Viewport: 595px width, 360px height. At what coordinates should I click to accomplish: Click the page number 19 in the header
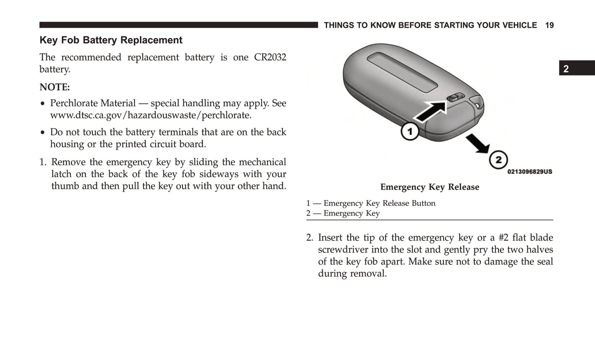click(549, 26)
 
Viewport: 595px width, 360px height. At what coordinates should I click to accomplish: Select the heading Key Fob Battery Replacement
click(111, 40)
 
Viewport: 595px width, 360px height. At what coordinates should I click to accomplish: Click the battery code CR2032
click(270, 57)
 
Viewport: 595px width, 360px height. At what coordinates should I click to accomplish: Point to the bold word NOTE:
click(55, 87)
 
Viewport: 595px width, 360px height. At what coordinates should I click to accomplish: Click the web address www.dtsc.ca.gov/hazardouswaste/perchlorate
click(151, 115)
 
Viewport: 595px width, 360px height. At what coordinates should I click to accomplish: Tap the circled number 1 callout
click(410, 132)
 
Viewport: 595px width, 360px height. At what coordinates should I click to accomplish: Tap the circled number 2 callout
click(498, 160)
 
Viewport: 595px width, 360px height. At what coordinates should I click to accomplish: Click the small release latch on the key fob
click(455, 98)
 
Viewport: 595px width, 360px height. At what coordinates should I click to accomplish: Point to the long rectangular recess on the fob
click(401, 72)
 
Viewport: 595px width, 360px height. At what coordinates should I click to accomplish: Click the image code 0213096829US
click(530, 172)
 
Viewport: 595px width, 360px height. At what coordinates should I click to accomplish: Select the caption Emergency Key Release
click(429, 187)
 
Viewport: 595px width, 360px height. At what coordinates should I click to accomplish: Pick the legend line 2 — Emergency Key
click(343, 213)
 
